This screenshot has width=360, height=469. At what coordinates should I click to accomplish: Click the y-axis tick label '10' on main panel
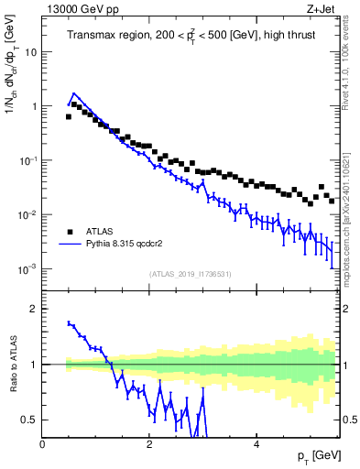[31, 52]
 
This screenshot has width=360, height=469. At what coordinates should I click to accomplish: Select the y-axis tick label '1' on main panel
[34, 106]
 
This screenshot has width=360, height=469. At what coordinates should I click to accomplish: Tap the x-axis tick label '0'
[42, 444]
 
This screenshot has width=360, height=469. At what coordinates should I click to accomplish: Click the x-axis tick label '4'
[256, 444]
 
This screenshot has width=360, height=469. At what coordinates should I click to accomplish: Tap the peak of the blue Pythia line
[73, 93]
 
